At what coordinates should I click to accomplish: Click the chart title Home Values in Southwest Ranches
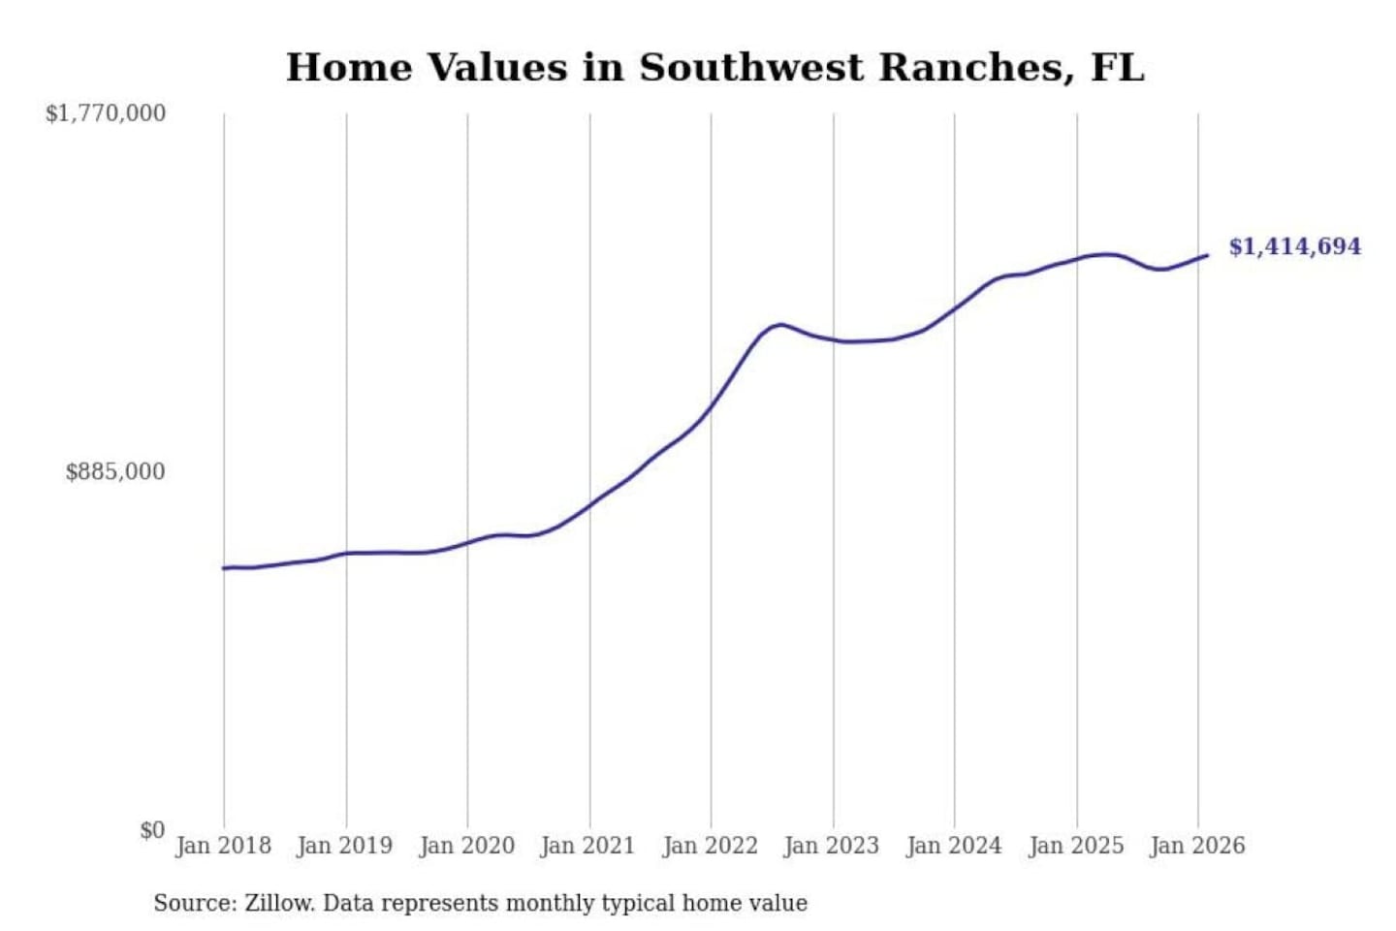click(714, 68)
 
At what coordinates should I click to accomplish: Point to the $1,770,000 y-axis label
click(106, 113)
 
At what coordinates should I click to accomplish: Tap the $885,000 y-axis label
click(115, 472)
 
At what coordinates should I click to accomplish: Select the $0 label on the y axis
click(152, 830)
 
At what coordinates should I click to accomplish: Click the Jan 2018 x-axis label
click(223, 846)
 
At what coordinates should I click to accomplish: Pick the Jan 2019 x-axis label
click(345, 846)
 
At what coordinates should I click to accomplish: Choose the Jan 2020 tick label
click(466, 846)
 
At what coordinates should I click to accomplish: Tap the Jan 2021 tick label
click(587, 846)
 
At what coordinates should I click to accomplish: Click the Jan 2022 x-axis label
click(710, 846)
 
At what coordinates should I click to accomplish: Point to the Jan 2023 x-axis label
click(831, 846)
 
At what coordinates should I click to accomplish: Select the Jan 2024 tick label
click(953, 846)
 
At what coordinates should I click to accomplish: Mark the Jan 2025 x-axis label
click(1075, 846)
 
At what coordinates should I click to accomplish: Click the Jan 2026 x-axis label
click(1196, 846)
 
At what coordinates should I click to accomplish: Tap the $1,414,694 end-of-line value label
click(1294, 246)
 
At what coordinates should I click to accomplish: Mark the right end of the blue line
click(1207, 255)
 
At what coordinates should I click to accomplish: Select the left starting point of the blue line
click(224, 567)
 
